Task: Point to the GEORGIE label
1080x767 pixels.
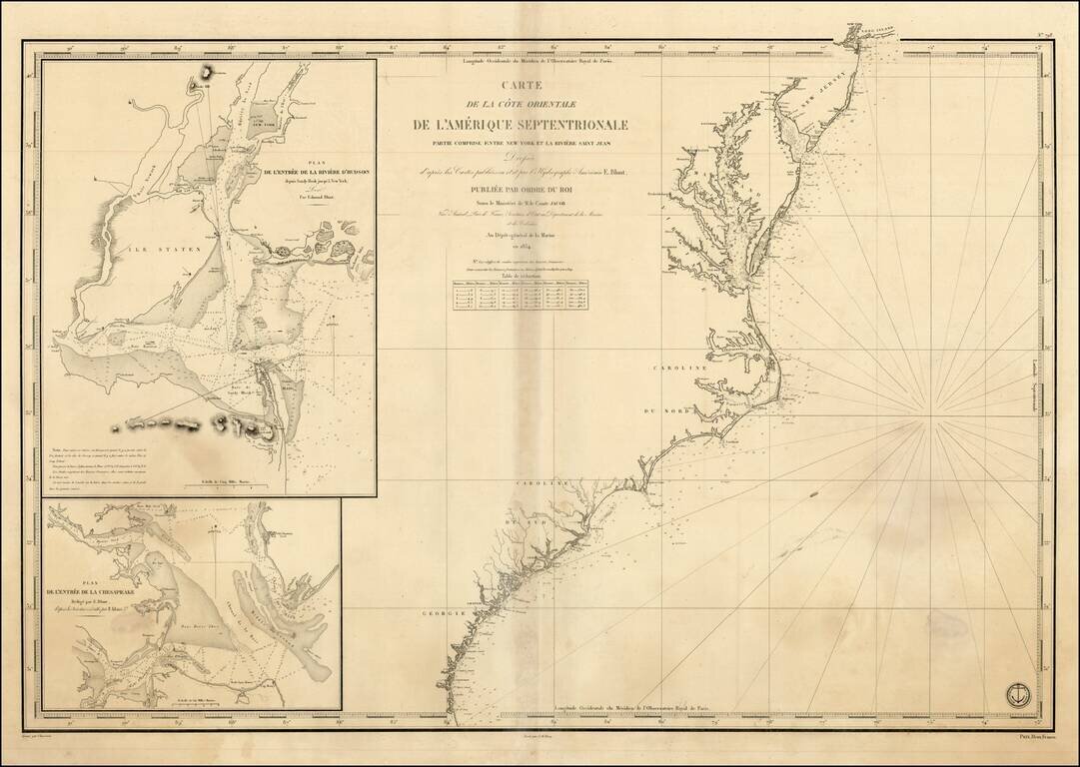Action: click(x=439, y=612)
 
